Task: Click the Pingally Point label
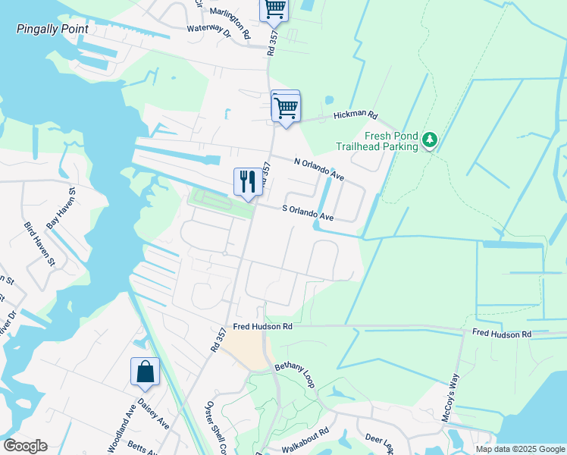(x=52, y=29)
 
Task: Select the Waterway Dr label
(x=209, y=33)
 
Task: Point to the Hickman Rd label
(x=356, y=116)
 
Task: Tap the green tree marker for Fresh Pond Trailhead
(x=431, y=140)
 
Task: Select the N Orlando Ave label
(x=318, y=168)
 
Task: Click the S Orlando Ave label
(x=308, y=213)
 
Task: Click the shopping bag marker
(x=146, y=372)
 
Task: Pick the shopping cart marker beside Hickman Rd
(x=286, y=107)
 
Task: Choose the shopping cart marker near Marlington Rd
(x=274, y=9)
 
